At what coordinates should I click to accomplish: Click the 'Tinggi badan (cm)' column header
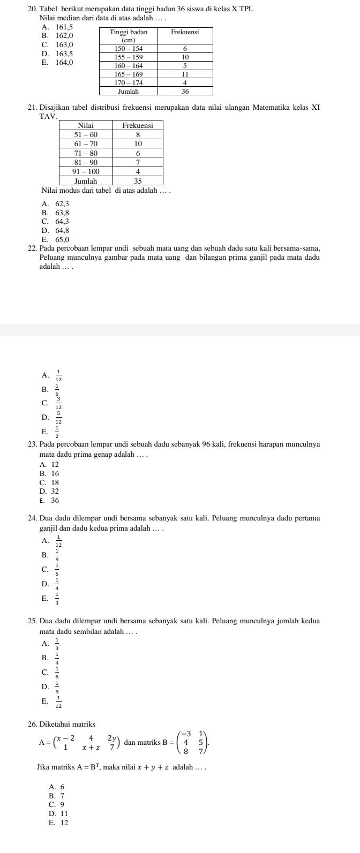click(x=128, y=36)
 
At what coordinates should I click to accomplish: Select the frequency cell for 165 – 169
click(x=184, y=74)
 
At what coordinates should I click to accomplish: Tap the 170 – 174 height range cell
click(x=128, y=83)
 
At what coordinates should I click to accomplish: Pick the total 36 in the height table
click(x=184, y=92)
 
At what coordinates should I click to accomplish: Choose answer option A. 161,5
click(x=57, y=27)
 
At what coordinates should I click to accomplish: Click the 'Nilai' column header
click(x=86, y=125)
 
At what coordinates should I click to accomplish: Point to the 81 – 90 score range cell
click(x=86, y=162)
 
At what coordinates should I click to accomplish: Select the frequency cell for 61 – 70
click(x=138, y=144)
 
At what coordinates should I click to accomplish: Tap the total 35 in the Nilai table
click(x=138, y=181)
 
